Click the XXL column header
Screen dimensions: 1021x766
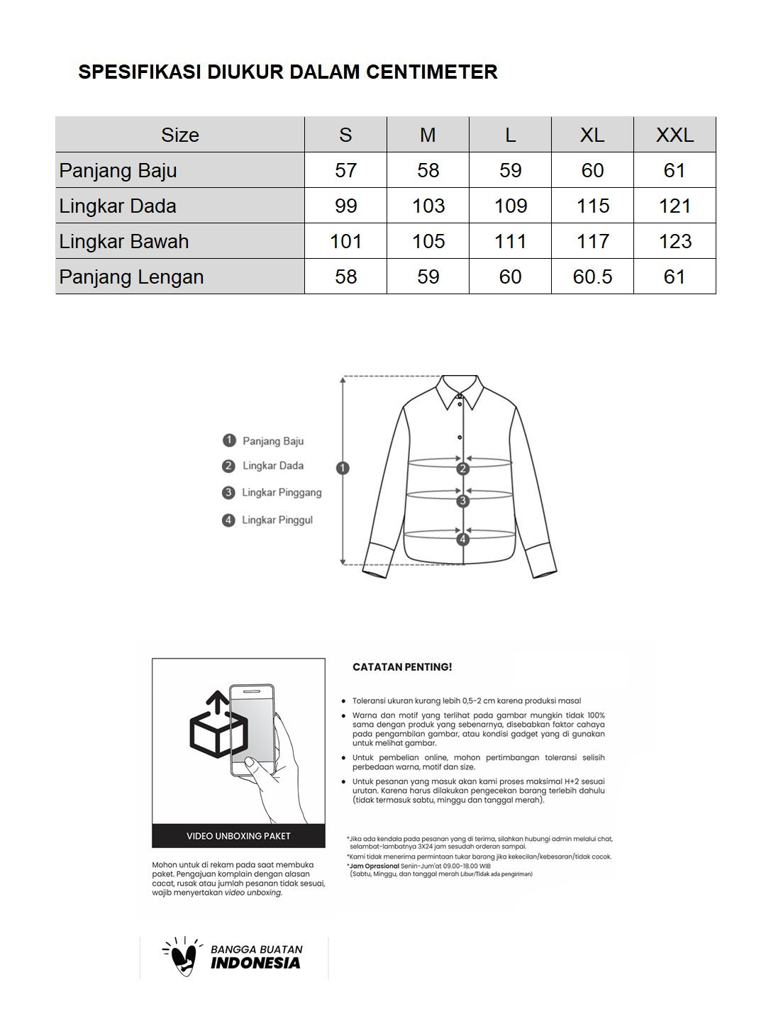click(675, 135)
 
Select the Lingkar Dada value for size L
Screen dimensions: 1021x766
click(510, 206)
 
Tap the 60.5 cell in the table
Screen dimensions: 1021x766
click(592, 277)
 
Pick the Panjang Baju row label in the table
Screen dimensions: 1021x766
click(118, 170)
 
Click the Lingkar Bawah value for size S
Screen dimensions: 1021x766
click(345, 241)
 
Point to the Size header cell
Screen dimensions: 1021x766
click(180, 135)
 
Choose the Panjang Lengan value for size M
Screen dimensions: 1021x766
click(428, 277)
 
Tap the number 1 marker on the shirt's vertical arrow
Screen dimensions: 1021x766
click(343, 468)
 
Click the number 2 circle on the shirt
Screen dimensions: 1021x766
click(463, 469)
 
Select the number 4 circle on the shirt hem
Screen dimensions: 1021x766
click(463, 539)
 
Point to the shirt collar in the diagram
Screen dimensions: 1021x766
click(460, 391)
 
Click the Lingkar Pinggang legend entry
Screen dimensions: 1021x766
click(282, 493)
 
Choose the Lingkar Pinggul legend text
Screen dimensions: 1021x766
click(277, 520)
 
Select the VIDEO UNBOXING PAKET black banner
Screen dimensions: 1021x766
click(238, 836)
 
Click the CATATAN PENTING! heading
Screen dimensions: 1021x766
click(402, 667)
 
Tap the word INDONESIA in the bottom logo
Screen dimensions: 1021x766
click(255, 964)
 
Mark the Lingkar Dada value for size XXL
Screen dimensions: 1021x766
click(675, 206)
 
